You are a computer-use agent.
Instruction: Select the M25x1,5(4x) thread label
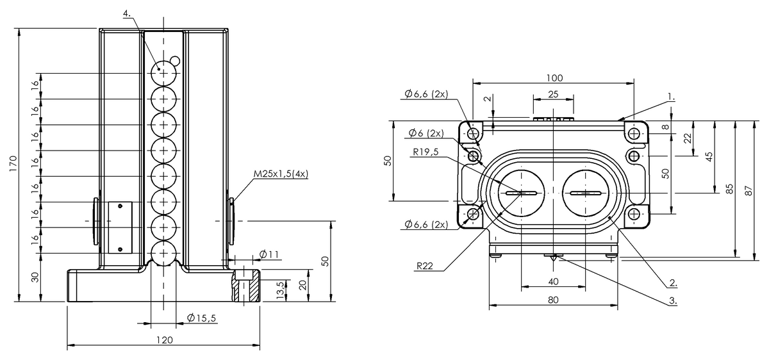[x=281, y=174]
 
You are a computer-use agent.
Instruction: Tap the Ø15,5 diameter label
[x=201, y=318]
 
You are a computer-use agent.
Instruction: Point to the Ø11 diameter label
[x=269, y=255]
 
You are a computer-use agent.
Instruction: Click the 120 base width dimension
[x=164, y=340]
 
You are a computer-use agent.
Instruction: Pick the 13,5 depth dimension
[x=279, y=289]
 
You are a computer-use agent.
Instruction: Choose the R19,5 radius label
[x=426, y=152]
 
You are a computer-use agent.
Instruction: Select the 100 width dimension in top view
[x=554, y=78]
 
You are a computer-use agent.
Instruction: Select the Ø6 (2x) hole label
[x=426, y=133]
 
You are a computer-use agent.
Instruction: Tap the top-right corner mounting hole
[x=634, y=134]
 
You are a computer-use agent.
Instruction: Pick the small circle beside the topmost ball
[x=176, y=61]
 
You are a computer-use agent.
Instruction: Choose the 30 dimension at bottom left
[x=36, y=277]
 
